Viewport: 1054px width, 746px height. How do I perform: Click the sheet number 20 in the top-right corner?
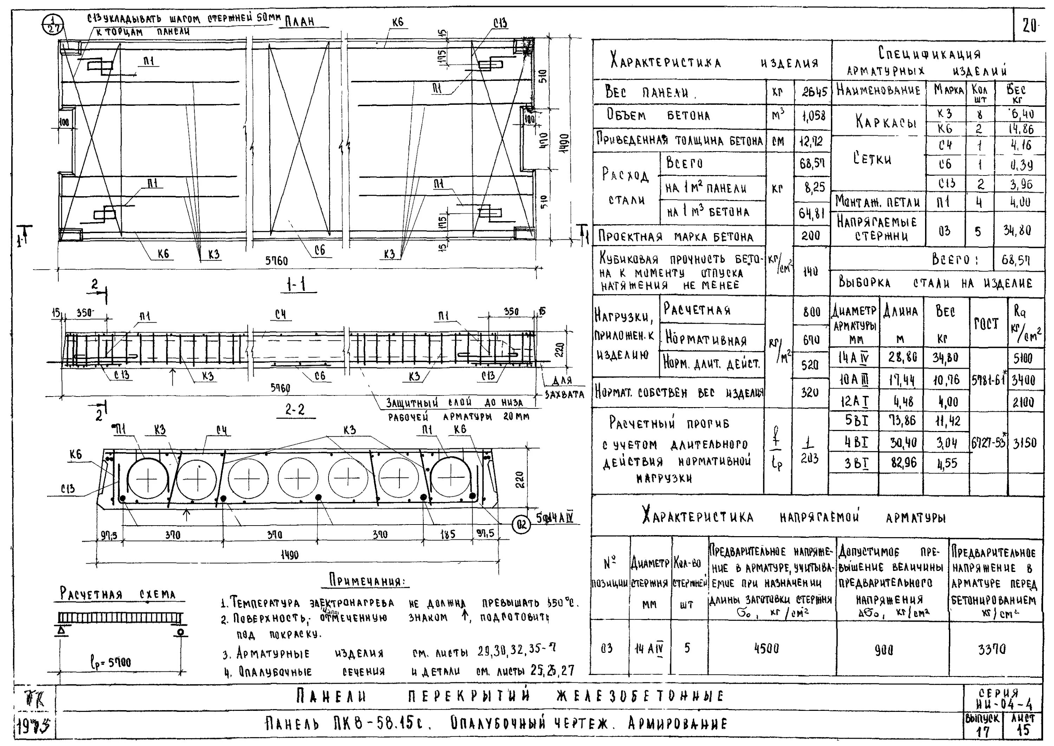pos(1030,26)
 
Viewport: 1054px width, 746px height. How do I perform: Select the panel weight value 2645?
pos(814,92)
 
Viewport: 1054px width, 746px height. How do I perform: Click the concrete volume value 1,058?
pos(813,116)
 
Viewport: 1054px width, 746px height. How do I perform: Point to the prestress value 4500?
pos(766,648)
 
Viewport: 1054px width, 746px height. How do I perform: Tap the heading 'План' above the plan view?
pos(300,21)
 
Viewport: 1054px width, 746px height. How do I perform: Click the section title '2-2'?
pos(295,409)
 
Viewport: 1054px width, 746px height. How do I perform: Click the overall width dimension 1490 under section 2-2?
pos(289,555)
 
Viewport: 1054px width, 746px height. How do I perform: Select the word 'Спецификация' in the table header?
pos(930,54)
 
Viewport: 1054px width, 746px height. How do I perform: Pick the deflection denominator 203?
pos(809,459)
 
